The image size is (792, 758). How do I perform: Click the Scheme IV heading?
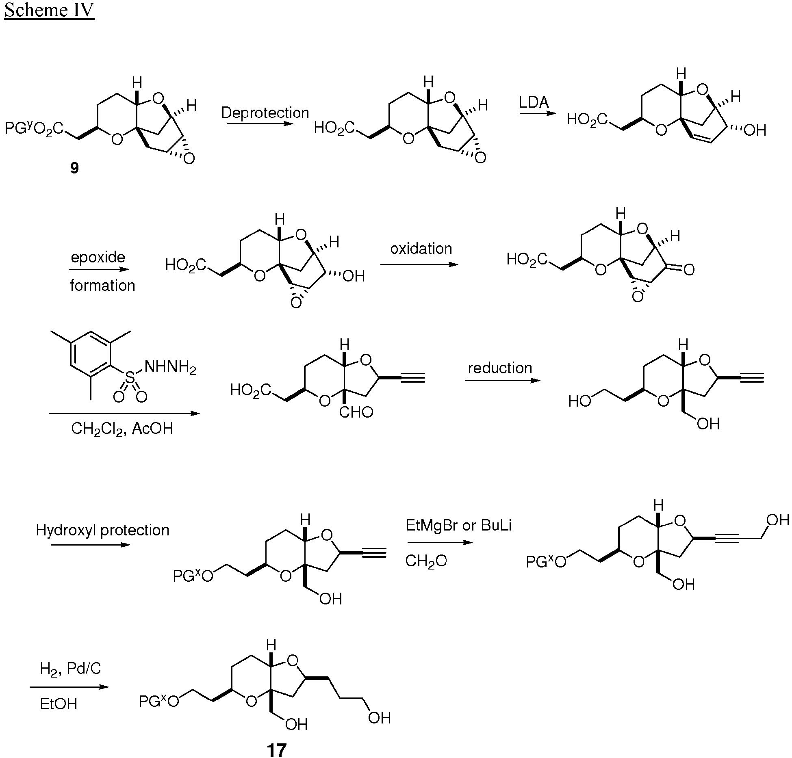coord(49,11)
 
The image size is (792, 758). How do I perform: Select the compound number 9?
coord(74,168)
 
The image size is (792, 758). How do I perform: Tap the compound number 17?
coord(277,750)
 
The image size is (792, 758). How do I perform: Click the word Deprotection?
coord(265,113)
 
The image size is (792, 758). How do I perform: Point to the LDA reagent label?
coord(534,102)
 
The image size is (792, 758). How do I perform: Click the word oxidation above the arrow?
coord(421,248)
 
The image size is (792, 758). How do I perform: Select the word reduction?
coord(500,368)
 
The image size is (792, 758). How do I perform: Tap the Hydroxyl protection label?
coord(102,530)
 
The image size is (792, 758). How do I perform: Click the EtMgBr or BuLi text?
coord(458,525)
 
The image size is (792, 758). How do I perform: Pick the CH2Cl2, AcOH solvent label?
coord(122,429)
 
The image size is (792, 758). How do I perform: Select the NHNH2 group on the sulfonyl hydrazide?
coord(170,367)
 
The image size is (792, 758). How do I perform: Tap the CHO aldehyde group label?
coord(356,412)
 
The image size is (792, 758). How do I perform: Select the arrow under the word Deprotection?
coord(260,123)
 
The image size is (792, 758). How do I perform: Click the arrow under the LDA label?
coord(537,113)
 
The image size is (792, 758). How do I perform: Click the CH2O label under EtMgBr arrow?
coord(426,561)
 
